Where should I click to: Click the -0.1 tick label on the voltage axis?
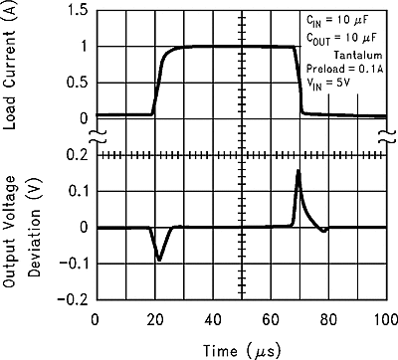(x=70, y=264)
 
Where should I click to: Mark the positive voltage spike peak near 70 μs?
(x=298, y=171)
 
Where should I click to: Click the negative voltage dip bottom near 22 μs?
(x=159, y=261)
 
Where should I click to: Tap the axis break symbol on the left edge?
(x=95, y=136)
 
